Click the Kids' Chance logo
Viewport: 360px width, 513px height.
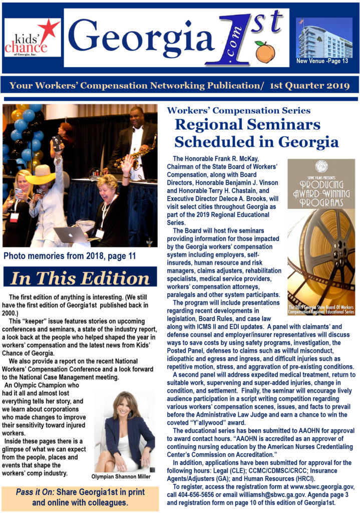(x=33, y=38)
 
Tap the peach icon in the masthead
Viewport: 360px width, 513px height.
(x=265, y=51)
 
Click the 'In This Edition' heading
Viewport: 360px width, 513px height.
(x=80, y=279)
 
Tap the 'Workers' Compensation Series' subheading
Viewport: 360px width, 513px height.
(x=238, y=111)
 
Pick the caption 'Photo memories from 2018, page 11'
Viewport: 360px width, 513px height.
(x=70, y=256)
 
